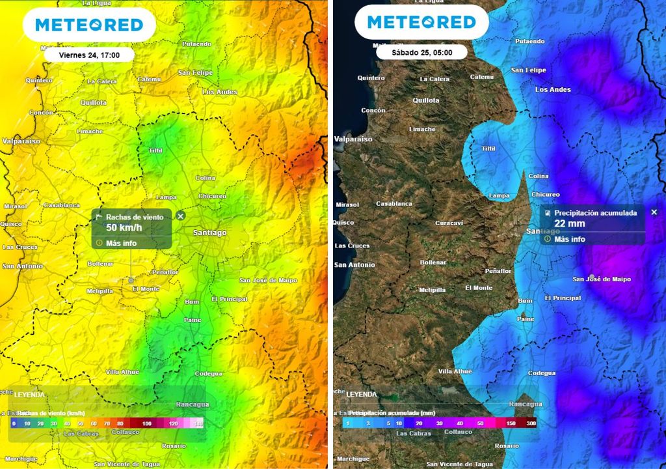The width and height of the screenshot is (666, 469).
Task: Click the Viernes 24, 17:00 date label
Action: click(x=89, y=55)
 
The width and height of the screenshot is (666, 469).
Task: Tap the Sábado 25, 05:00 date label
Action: click(x=421, y=52)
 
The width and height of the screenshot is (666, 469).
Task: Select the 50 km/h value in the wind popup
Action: click(x=124, y=227)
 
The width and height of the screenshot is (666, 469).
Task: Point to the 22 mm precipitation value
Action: click(x=570, y=223)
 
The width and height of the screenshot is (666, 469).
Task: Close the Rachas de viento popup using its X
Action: click(x=181, y=216)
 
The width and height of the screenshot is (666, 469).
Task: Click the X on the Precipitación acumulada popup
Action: click(x=654, y=212)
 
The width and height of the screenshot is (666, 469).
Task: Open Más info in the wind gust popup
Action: click(x=121, y=243)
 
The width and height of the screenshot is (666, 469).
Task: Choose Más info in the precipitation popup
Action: click(x=569, y=239)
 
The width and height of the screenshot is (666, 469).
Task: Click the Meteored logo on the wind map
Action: click(x=89, y=25)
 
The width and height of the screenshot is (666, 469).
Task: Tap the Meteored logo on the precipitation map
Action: click(x=421, y=23)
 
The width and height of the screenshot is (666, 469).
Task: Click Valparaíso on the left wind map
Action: click(x=21, y=141)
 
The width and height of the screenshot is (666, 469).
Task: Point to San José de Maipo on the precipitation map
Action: click(x=602, y=279)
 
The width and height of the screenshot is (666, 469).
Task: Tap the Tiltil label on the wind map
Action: click(x=155, y=150)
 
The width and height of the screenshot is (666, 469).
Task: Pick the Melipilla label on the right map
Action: click(x=433, y=290)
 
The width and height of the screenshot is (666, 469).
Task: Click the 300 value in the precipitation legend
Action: click(x=532, y=423)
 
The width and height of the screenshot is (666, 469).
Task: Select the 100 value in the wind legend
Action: click(x=148, y=423)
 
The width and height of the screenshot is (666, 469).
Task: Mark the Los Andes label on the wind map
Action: click(x=220, y=92)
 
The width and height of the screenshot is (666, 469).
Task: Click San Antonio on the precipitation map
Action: click(x=354, y=265)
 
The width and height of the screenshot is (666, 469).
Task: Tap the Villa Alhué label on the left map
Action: click(x=123, y=372)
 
